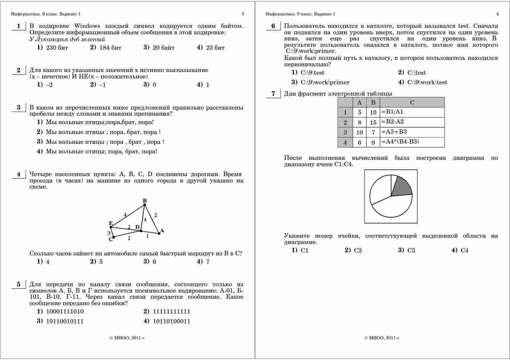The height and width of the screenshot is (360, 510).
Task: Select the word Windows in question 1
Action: tap(87, 26)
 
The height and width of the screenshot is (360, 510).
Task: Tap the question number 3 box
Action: tap(19, 108)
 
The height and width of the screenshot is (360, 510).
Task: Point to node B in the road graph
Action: tap(145, 205)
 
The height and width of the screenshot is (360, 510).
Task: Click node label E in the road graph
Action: tap(110, 223)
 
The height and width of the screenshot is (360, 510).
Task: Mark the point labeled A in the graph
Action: tap(159, 233)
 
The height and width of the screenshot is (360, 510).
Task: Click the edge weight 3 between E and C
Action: tap(109, 233)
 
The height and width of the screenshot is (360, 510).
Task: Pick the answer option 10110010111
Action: tap(65, 321)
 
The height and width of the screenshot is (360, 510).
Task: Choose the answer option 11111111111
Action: tap(171, 311)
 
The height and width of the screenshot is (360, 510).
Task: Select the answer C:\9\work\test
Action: tap(427, 83)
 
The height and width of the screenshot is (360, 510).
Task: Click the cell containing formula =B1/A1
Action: tap(412, 112)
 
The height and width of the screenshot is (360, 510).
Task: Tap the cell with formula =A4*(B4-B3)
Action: tap(412, 142)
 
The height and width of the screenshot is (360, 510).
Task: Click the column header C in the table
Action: tap(412, 102)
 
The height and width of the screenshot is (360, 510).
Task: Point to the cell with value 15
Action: tap(373, 122)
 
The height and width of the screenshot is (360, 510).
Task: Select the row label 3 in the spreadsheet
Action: tap(345, 132)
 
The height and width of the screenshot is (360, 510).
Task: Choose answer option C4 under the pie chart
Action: tap(464, 250)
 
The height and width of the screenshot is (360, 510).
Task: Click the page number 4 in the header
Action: tap(497, 14)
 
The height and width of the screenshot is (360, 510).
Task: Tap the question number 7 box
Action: tap(273, 94)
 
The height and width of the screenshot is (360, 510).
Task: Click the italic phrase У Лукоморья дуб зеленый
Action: tap(67, 39)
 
